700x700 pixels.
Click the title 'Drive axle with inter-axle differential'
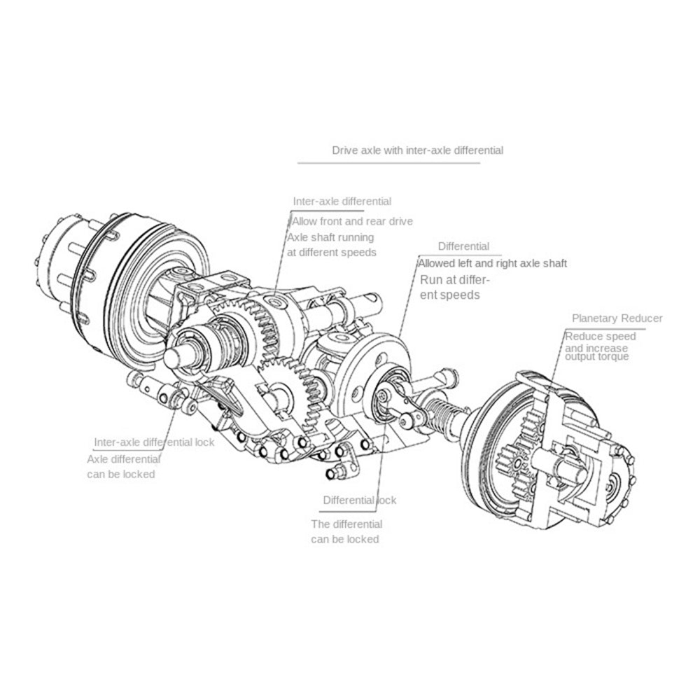click(417, 150)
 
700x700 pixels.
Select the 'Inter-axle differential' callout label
click(342, 202)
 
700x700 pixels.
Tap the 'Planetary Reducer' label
click(617, 318)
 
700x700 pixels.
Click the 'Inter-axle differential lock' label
click(154, 442)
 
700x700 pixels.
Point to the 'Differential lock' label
click(359, 500)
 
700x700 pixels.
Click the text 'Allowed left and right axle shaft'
click(492, 264)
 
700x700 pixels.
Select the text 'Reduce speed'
click(601, 337)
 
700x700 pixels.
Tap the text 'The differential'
click(346, 524)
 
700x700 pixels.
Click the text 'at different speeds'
click(332, 252)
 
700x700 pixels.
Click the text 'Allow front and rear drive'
click(352, 221)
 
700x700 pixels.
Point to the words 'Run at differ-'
click(454, 280)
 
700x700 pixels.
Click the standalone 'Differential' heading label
click(463, 246)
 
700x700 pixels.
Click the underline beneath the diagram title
click(388, 163)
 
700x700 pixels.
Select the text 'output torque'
click(596, 357)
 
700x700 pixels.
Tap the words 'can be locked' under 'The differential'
click(344, 539)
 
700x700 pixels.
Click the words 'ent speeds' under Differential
click(449, 295)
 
